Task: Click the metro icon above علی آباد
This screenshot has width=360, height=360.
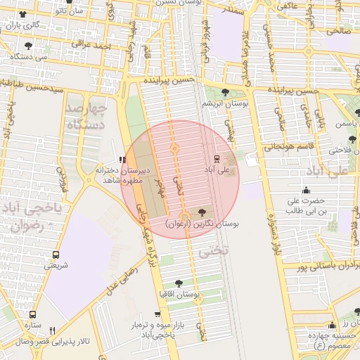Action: point(216,158)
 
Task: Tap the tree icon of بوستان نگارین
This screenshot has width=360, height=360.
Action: point(203,212)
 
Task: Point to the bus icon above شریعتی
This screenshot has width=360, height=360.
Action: point(56,255)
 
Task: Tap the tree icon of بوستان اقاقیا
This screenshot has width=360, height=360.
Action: point(179,282)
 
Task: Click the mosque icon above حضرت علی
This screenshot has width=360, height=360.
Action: point(306,190)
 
